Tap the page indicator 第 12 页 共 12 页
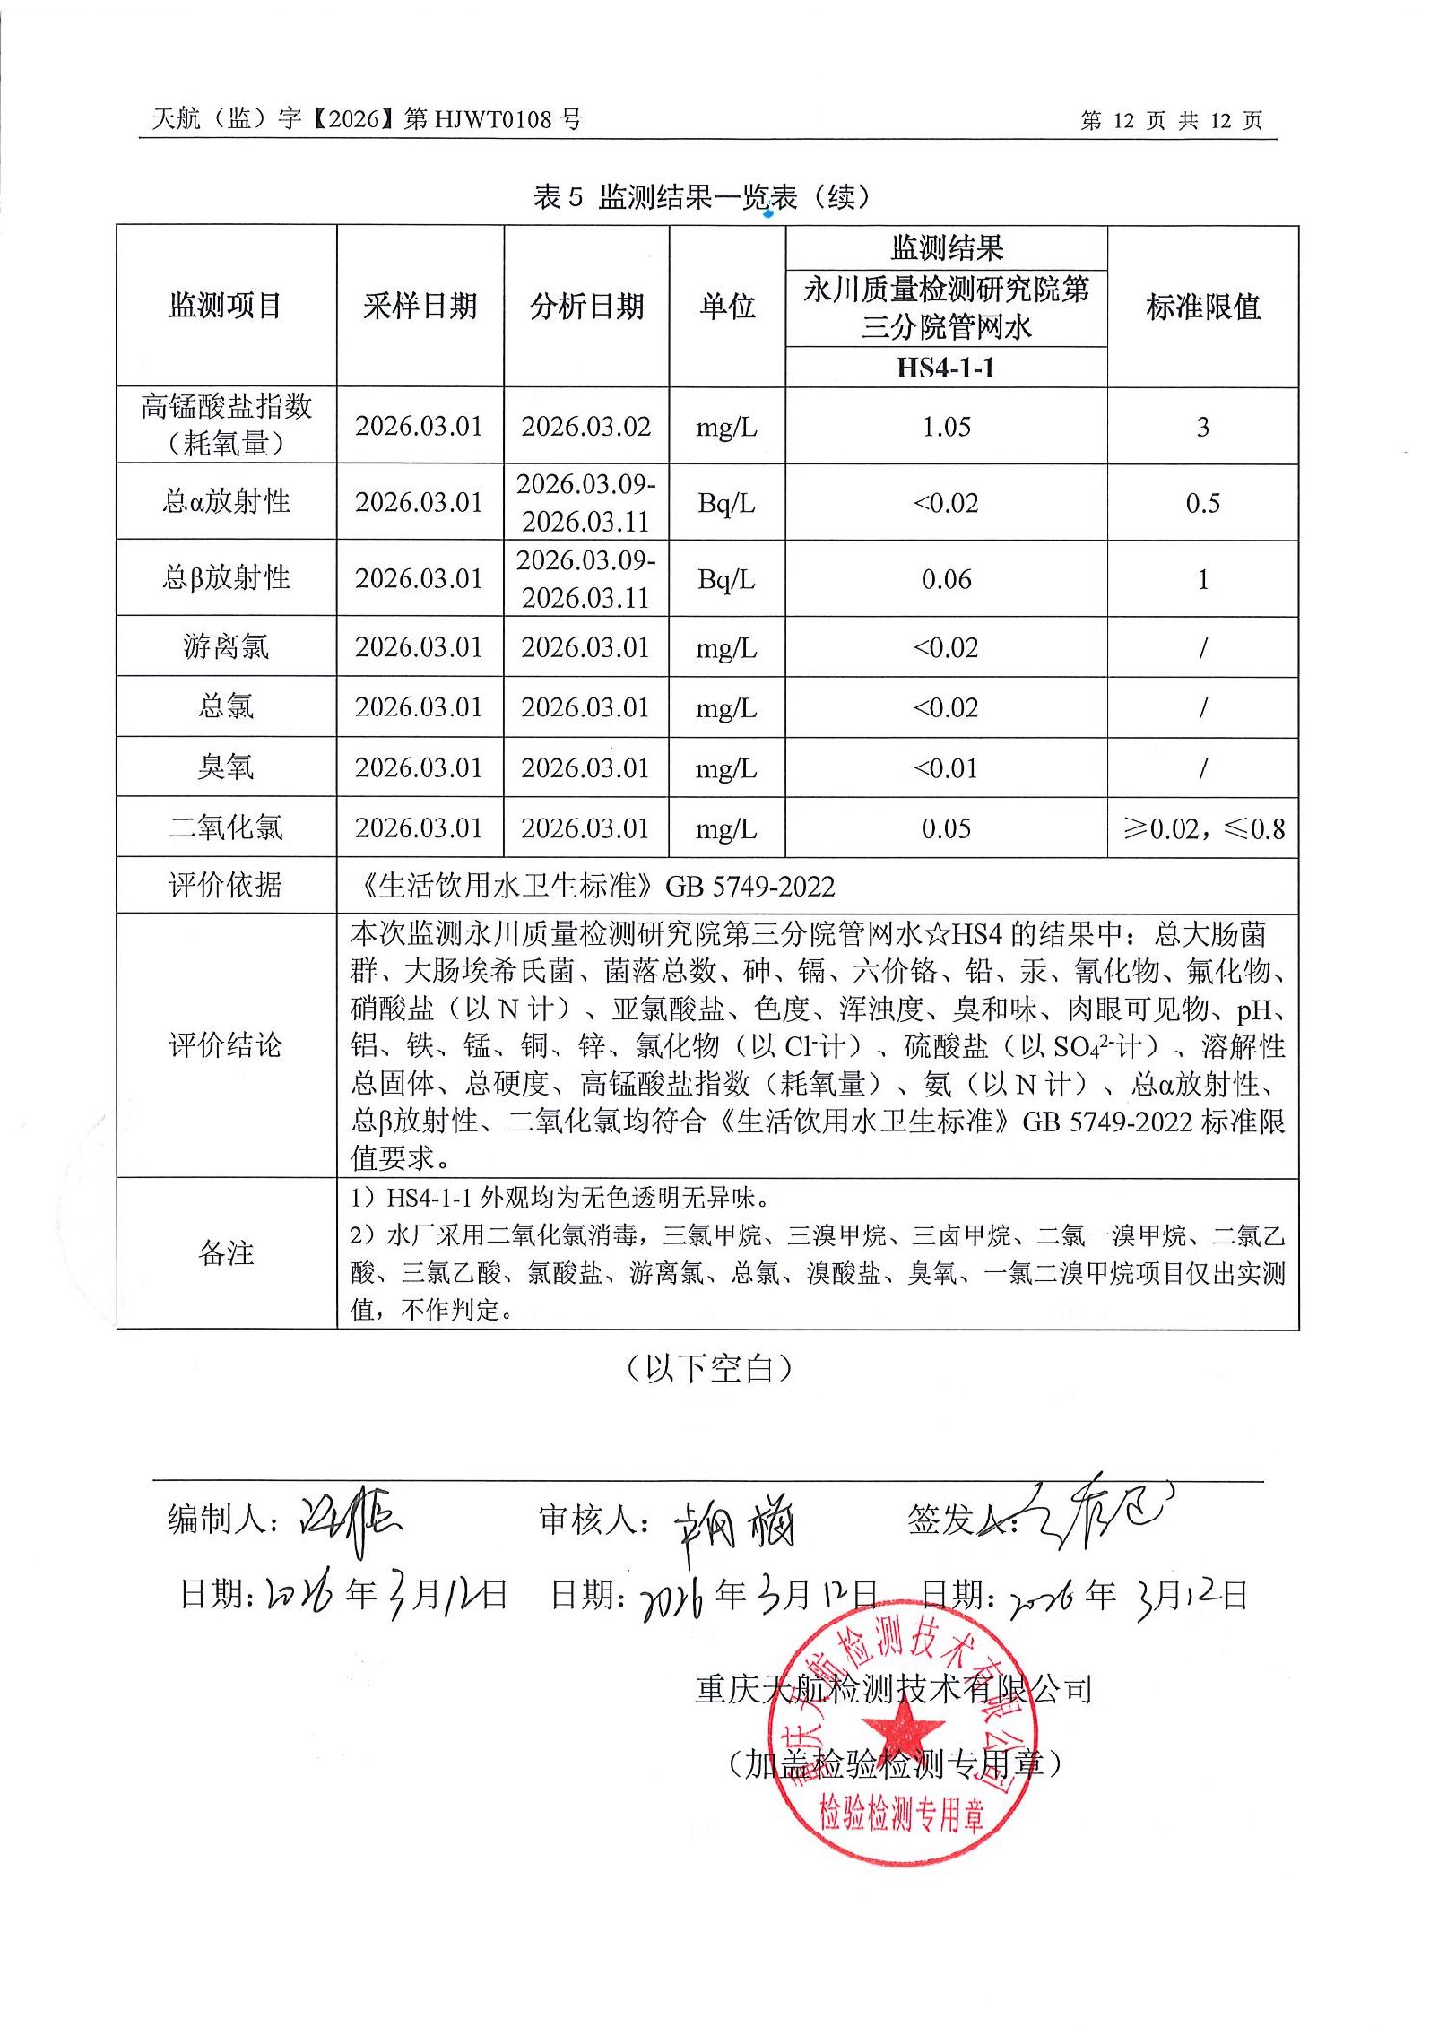[1171, 120]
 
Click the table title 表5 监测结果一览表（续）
[702, 197]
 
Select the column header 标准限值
[1203, 306]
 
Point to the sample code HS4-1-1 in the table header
[945, 367]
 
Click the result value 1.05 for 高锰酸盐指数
[946, 427]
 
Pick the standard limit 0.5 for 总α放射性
[1203, 503]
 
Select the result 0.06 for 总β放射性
[946, 579]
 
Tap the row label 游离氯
[225, 646]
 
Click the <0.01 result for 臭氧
[946, 767]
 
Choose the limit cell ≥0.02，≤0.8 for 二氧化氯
[1203, 828]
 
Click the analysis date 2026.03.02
[586, 427]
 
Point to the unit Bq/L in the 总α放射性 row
[726, 503]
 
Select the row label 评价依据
[225, 886]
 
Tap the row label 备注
[225, 1254]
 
